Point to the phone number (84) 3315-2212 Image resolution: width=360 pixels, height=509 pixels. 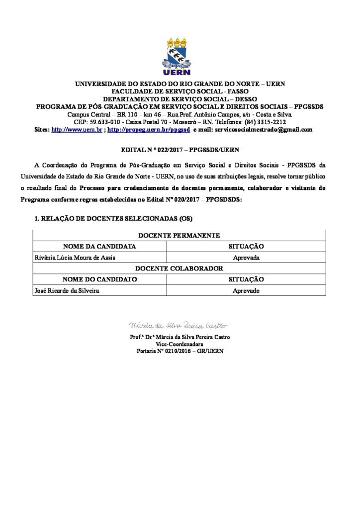pos(266,122)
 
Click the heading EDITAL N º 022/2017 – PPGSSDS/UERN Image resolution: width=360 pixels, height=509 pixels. pos(180,149)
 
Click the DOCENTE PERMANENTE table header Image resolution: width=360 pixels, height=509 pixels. pos(180,236)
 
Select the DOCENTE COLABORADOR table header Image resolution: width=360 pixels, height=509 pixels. pos(180,268)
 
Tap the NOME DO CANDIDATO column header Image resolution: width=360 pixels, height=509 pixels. pos(99,279)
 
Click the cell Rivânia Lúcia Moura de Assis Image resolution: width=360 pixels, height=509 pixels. pos(68,258)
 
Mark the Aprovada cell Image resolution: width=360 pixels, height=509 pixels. pos(246,258)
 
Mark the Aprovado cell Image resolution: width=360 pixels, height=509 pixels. pos(246,291)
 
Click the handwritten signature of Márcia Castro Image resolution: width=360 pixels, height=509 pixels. pos(178,326)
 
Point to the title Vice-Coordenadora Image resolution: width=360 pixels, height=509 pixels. pos(180,343)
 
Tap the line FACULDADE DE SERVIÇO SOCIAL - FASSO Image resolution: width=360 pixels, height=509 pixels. pos(180,91)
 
